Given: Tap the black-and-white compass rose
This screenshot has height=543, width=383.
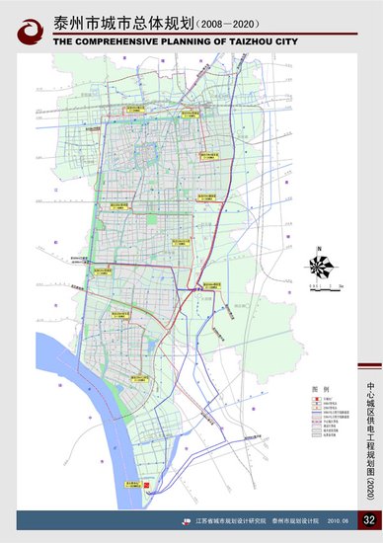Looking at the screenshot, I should tap(319, 266).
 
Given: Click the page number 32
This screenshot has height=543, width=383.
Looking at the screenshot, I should tap(368, 520).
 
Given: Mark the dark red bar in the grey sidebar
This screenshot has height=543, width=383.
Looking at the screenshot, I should tap(368, 356).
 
